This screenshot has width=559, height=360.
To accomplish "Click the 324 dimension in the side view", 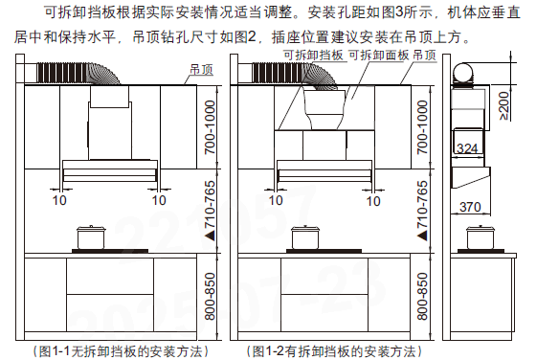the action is click(467, 147).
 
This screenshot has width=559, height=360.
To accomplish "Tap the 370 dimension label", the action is click(470, 207).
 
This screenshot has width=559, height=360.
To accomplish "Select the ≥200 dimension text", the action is click(504, 106).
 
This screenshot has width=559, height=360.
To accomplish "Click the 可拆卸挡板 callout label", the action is click(313, 56).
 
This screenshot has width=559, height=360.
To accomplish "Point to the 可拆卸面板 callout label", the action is click(379, 56).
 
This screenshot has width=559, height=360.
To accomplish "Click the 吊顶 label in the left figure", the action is click(201, 70).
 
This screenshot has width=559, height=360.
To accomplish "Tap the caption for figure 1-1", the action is click(121, 351).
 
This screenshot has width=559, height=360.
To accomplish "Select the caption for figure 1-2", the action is click(334, 351).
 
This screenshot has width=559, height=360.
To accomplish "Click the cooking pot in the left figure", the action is click(91, 237).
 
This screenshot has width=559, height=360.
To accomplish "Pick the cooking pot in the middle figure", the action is click(305, 237).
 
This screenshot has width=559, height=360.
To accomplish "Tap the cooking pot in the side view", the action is click(481, 237).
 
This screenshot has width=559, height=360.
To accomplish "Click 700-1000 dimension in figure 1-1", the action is click(211, 127).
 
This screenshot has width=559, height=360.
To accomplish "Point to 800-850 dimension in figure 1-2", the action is click(422, 297).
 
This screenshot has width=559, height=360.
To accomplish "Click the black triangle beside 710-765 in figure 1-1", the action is click(211, 236).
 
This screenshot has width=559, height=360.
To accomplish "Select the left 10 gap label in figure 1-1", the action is click(59, 200).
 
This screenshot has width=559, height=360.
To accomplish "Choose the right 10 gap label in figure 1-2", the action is click(373, 201).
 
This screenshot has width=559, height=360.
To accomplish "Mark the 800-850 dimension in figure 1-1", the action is click(211, 297).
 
